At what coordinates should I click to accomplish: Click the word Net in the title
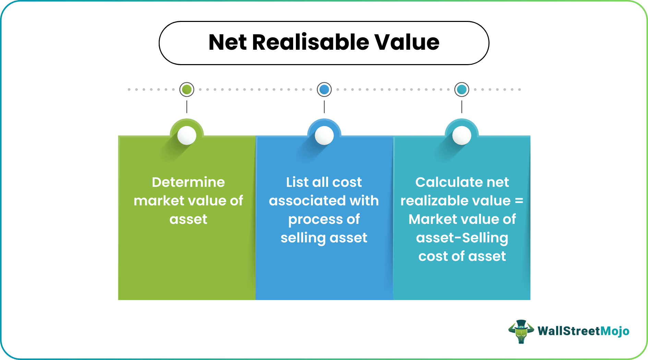coord(227,43)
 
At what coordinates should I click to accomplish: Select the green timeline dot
coord(187,89)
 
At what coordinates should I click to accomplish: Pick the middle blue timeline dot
coord(324,89)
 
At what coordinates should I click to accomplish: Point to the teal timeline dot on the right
coord(462,89)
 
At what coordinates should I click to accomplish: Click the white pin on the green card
coord(187,135)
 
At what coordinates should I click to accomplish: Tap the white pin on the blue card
coord(324,135)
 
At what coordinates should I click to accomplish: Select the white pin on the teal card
coord(462,135)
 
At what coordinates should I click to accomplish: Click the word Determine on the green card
coord(188,182)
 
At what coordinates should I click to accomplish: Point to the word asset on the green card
coord(188,219)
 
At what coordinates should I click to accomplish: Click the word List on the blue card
coord(297,182)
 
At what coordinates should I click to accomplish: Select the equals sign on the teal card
coord(519,201)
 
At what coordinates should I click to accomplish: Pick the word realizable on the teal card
coord(456,201)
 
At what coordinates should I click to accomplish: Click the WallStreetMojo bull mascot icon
coord(521,332)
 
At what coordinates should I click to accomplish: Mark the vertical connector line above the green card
coord(187,107)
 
